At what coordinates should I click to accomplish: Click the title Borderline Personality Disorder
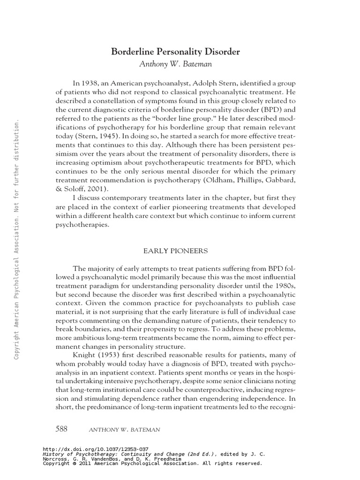click(175, 52)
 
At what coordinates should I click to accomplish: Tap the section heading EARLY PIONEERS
click(175, 251)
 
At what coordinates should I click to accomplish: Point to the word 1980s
click(285, 285)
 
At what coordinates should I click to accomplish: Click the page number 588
click(61, 429)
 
